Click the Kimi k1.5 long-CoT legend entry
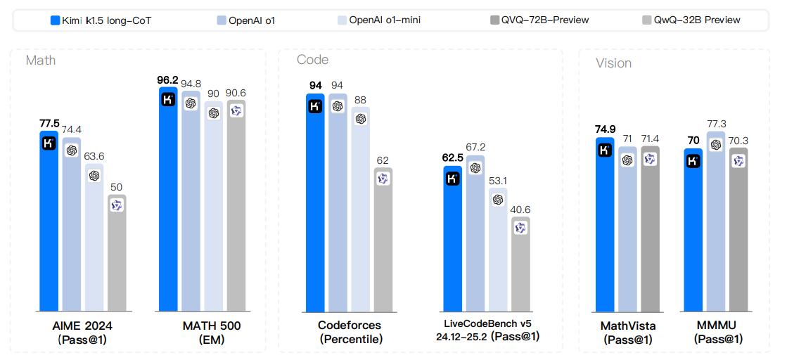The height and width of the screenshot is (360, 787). [101, 20]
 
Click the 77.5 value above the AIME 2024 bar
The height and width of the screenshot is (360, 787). [49, 123]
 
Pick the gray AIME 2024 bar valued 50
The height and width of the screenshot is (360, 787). [117, 253]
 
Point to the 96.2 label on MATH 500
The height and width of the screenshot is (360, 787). [168, 80]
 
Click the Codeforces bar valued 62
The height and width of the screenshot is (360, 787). [383, 239]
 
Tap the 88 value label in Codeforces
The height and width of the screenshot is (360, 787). [360, 100]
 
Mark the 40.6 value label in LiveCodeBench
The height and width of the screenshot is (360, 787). [520, 210]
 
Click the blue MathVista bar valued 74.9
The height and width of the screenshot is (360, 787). [605, 225]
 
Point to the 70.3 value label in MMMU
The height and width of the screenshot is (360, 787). [738, 140]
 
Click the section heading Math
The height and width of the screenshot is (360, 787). [41, 60]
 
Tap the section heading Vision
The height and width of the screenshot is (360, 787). [613, 63]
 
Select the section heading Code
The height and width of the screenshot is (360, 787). [312, 60]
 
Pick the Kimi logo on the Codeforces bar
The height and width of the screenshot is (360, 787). [315, 106]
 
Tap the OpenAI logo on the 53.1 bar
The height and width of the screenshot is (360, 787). [498, 200]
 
